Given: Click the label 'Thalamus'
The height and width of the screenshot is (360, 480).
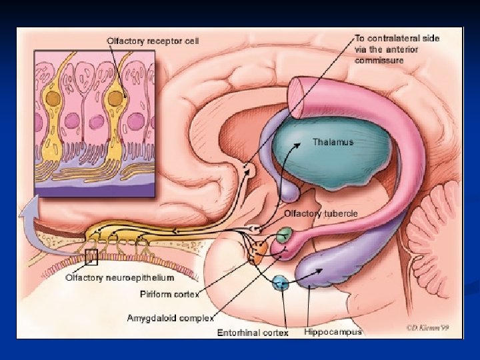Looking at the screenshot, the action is [x=333, y=142].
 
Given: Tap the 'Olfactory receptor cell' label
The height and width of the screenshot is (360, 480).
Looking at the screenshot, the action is [x=153, y=41].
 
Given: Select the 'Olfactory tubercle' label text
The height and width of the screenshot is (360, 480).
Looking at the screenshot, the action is [x=321, y=213].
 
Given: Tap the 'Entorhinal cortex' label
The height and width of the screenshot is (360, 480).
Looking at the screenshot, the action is [x=253, y=332].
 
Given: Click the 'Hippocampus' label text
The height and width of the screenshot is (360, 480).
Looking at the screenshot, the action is [x=333, y=331].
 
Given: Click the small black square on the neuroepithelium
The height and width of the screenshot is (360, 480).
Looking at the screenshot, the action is [x=91, y=256].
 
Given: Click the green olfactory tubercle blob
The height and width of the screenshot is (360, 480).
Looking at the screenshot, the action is [x=284, y=235].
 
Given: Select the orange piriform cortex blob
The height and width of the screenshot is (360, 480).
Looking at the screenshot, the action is [x=258, y=251].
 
